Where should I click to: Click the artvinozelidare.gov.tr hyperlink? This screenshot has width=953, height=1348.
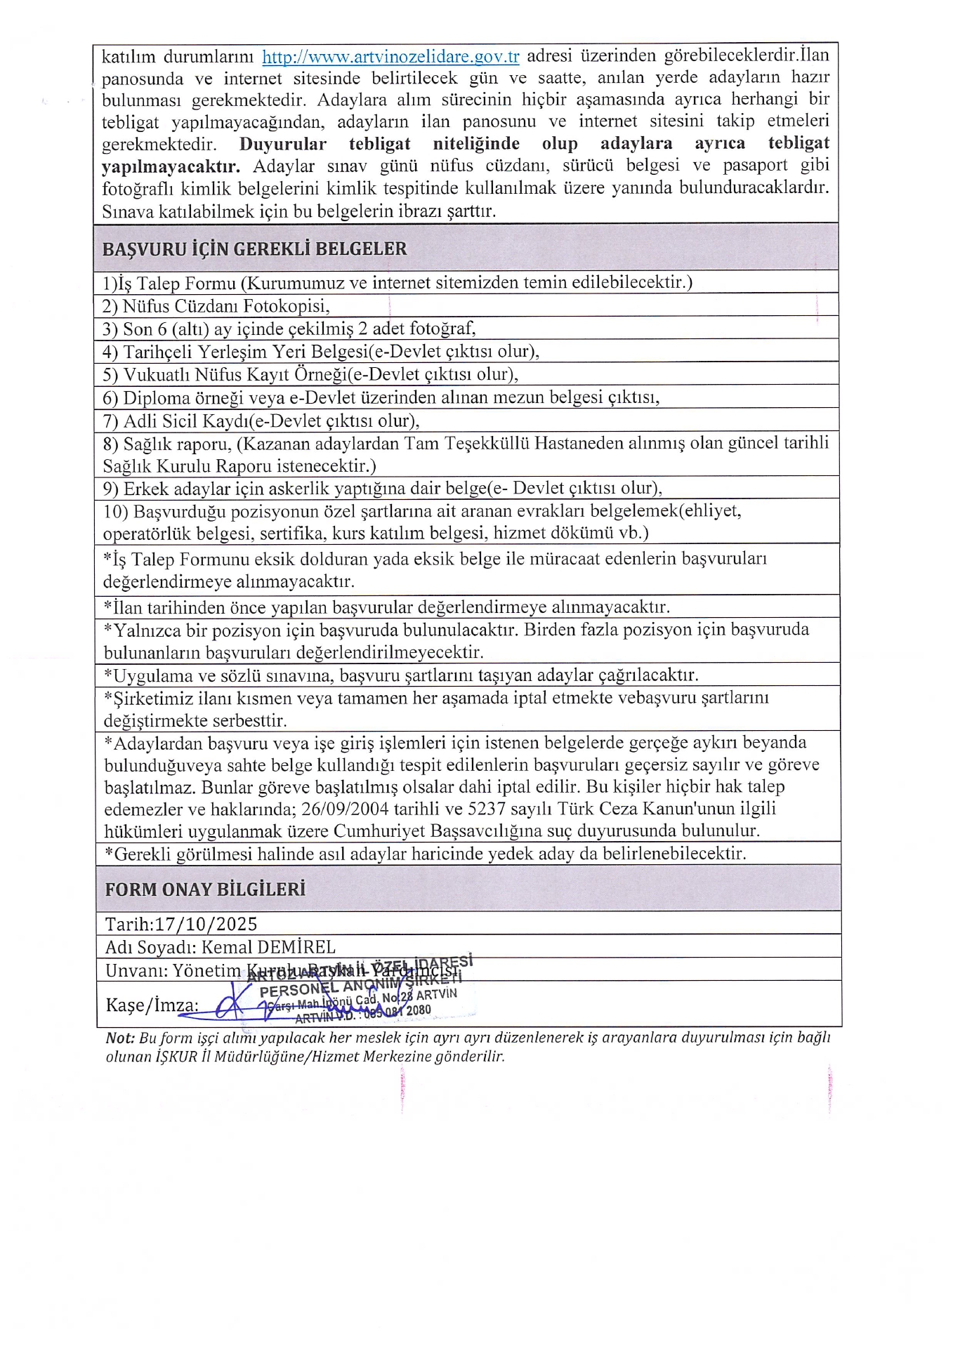pos(390,56)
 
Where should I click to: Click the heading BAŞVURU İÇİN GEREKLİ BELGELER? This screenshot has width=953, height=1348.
pos(254,249)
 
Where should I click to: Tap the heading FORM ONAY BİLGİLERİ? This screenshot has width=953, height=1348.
pos(205,890)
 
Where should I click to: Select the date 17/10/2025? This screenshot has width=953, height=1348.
pos(206,924)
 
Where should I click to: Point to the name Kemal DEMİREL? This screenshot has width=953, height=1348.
pos(268,947)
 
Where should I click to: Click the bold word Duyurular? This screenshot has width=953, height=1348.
pos(283,144)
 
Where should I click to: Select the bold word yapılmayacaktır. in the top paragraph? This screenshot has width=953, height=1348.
pos(171,166)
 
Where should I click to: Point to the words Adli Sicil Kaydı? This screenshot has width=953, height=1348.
pos(186,421)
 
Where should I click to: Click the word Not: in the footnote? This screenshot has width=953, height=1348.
pos(120,1038)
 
